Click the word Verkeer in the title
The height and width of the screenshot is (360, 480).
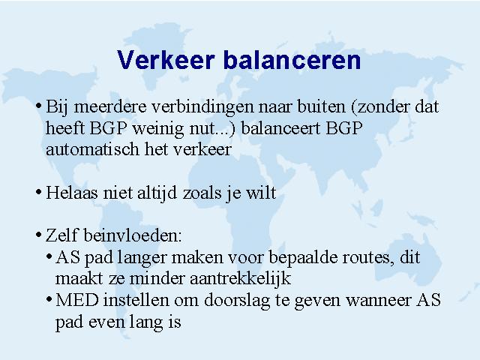pos(166,60)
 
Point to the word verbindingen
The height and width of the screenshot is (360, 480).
pos(202,108)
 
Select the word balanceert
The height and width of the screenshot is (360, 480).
pos(280,128)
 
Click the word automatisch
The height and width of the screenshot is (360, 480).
pos(92,150)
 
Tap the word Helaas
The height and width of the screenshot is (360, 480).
pos(72,193)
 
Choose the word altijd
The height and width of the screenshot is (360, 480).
pos(157,193)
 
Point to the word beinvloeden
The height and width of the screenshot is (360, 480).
pos(133,236)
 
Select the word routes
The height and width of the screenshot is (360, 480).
pos(367,258)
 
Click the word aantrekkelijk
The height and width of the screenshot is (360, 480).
pos(240,279)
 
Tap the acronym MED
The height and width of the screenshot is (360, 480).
pos(76,300)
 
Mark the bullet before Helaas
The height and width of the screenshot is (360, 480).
pos(38,193)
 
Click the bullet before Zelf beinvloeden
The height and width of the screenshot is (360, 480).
pos(38,235)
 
